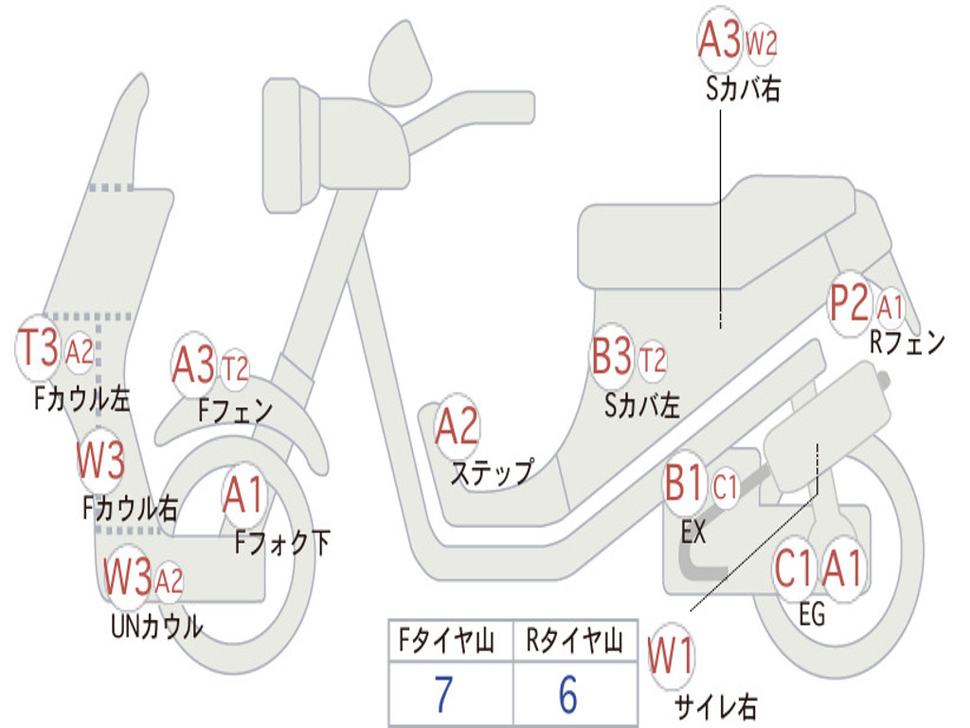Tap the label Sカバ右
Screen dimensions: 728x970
[743, 89]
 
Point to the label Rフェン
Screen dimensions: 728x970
[907, 342]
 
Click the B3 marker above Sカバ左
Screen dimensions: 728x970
[612, 359]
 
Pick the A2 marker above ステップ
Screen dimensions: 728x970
[457, 428]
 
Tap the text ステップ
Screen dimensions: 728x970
[491, 471]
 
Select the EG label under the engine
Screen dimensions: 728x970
[812, 615]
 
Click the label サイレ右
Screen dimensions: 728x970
[715, 705]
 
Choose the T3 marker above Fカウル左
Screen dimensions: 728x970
[40, 348]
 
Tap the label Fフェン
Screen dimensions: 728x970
[235, 410]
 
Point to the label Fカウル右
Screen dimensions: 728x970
[130, 508]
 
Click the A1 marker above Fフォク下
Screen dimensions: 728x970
[244, 494]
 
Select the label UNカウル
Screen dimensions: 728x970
[156, 626]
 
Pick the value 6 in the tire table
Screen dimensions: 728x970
[568, 696]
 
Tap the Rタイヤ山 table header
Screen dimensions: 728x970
[574, 642]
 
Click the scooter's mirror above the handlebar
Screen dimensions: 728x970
[400, 64]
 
